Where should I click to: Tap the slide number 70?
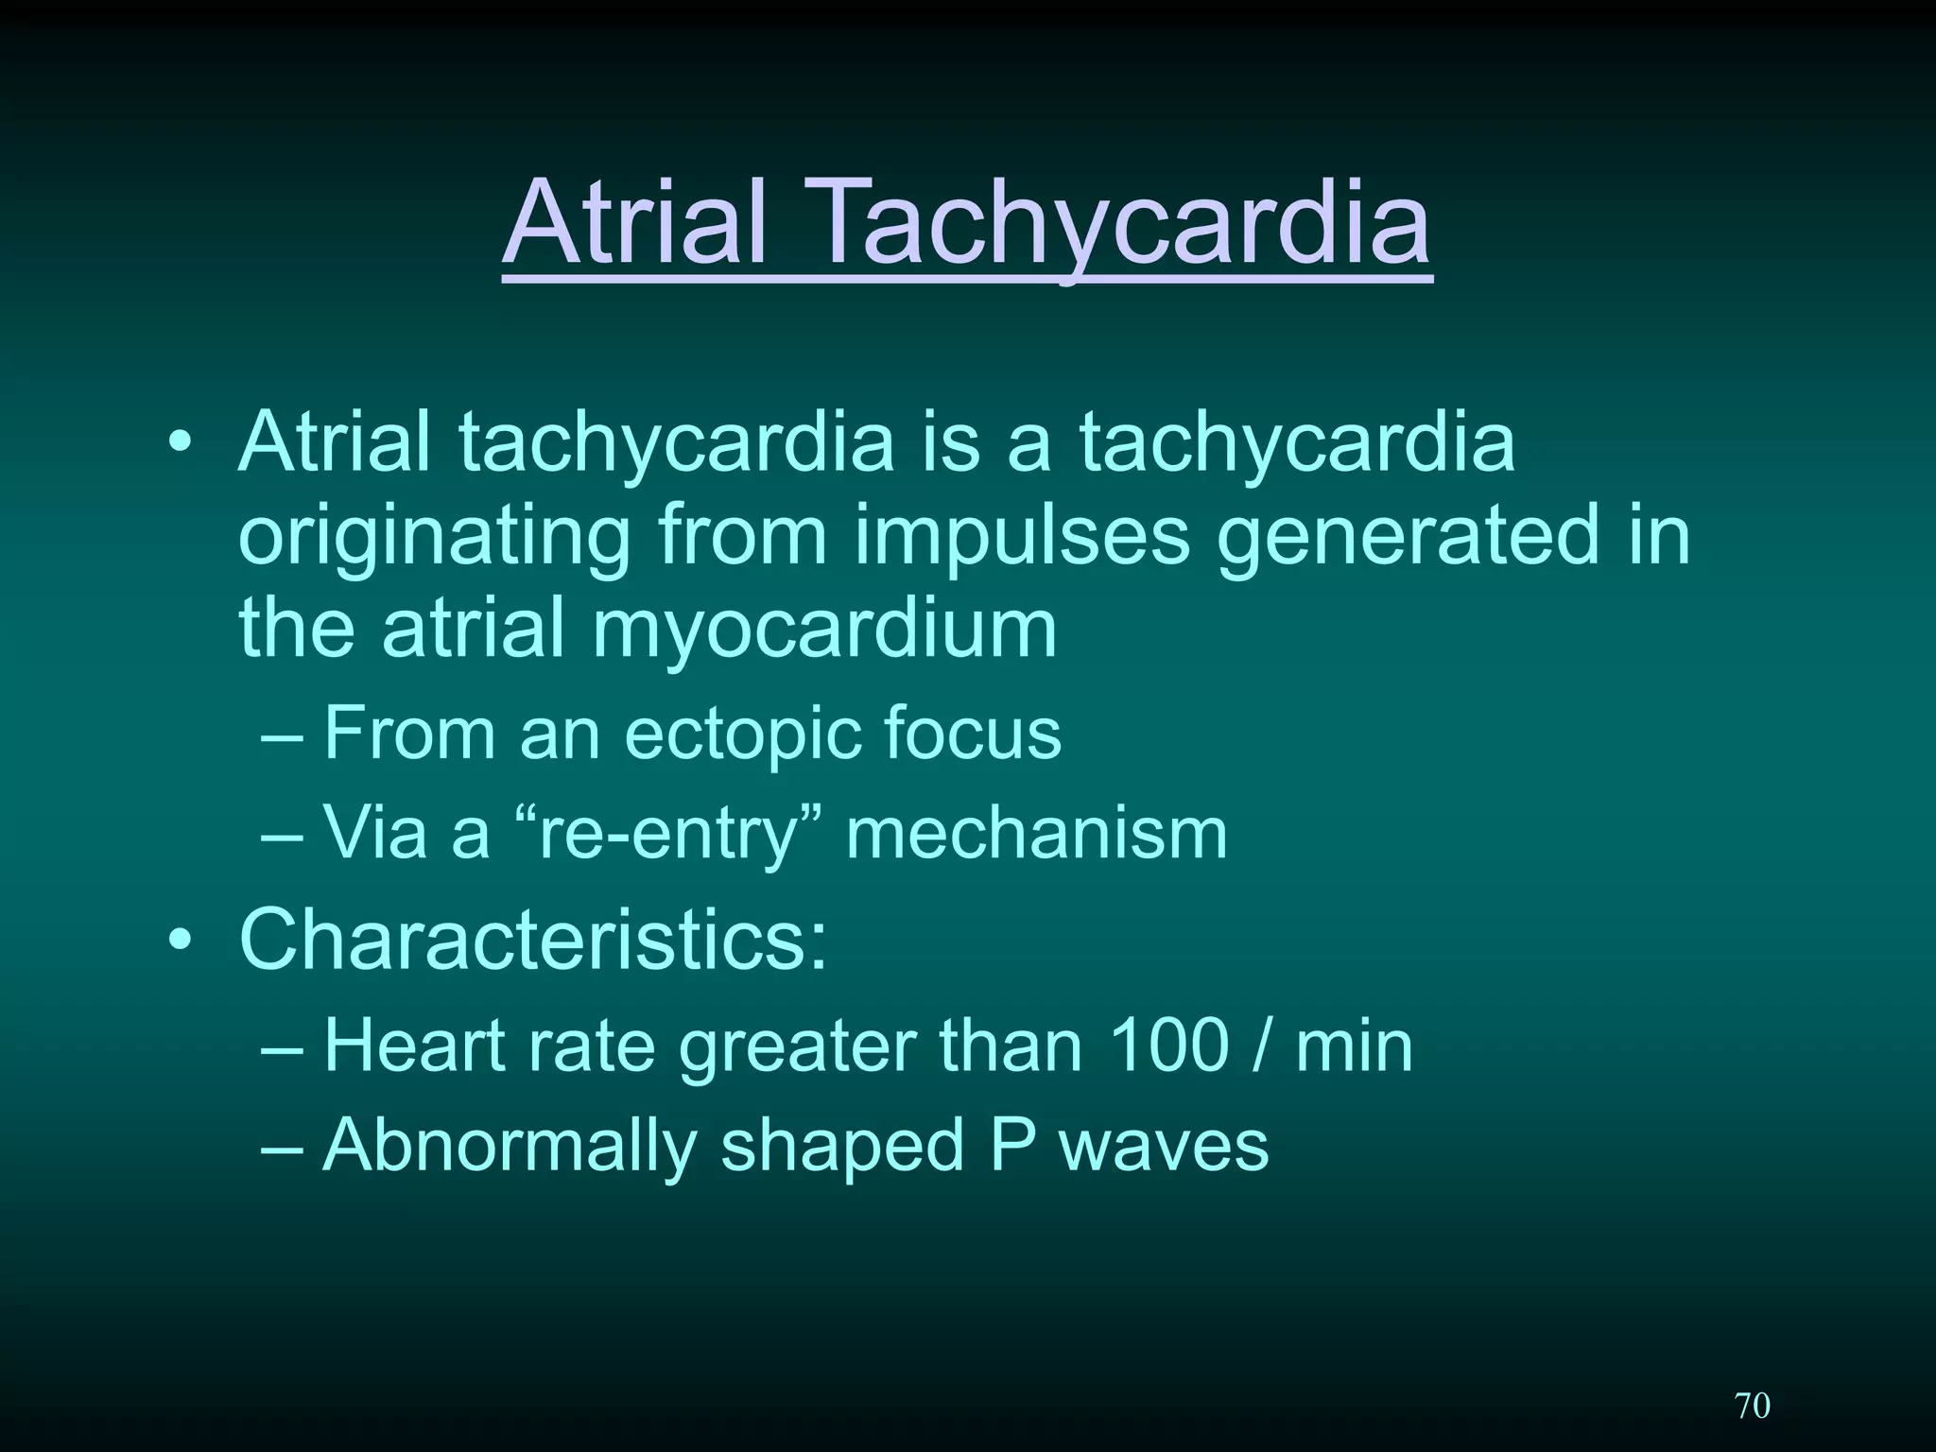coord(1753,1405)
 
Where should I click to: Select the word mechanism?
coord(1036,833)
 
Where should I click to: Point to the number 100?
coord(1168,1046)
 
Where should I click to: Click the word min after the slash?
coord(1354,1046)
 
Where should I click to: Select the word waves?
coord(1164,1147)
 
